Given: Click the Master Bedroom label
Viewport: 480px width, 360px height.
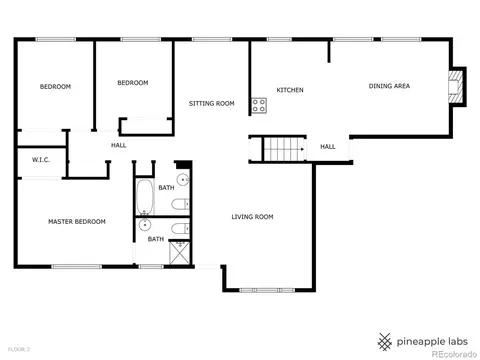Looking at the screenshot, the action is (x=77, y=222).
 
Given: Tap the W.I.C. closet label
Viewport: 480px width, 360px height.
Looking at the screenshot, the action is (x=41, y=160).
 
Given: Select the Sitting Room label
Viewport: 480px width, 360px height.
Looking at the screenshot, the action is (x=212, y=104).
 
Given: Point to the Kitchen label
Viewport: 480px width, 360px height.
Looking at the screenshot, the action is (x=290, y=90).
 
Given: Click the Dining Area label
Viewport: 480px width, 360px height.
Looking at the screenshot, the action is (x=389, y=86).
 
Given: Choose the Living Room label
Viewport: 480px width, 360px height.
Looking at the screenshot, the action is (x=252, y=217).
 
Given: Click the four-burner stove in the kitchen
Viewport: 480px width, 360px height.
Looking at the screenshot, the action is (x=259, y=106).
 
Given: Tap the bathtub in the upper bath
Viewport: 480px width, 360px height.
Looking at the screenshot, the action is (x=145, y=197).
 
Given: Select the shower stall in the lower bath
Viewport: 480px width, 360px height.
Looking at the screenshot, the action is (x=180, y=253).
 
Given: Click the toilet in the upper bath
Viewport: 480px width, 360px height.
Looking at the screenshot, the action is (x=180, y=204).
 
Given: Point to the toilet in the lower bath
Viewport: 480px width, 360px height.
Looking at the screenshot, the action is (x=180, y=229).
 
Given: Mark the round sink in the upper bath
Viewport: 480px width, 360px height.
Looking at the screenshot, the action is (x=183, y=180).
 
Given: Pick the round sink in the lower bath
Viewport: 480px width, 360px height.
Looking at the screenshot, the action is (x=145, y=225).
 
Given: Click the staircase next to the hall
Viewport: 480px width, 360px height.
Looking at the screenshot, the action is (x=284, y=149).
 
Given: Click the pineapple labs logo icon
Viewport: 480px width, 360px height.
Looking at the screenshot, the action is (x=384, y=342).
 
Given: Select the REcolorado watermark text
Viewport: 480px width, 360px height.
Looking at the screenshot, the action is (x=454, y=354).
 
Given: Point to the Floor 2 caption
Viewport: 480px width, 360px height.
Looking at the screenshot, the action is (x=19, y=350).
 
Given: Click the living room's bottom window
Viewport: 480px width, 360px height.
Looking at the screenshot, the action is (x=267, y=290).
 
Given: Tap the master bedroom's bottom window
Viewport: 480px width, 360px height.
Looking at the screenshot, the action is (x=77, y=267).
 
